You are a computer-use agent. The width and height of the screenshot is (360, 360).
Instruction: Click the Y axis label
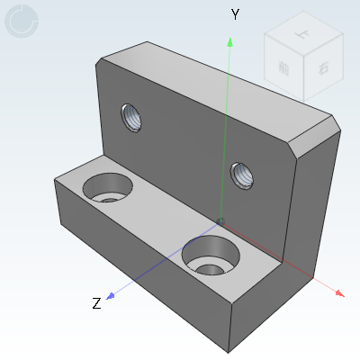point(235,14)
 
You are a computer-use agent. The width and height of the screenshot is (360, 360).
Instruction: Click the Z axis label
point(96,303)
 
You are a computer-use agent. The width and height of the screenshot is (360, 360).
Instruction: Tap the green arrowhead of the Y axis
point(231,41)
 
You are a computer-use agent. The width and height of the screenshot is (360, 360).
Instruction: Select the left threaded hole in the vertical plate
point(132,116)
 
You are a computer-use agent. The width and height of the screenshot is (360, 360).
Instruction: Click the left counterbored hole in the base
point(107,188)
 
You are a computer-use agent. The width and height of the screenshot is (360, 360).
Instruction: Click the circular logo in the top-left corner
point(22,22)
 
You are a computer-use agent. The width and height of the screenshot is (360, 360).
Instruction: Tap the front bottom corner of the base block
point(231,352)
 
